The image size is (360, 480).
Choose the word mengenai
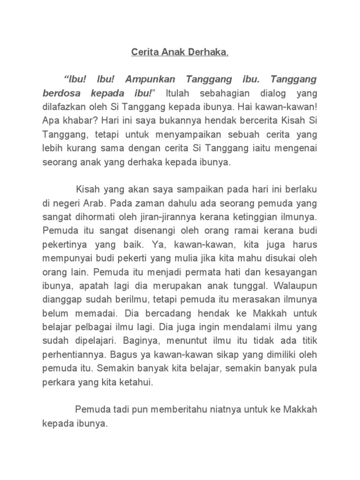(293, 149)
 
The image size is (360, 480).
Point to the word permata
(202, 272)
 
